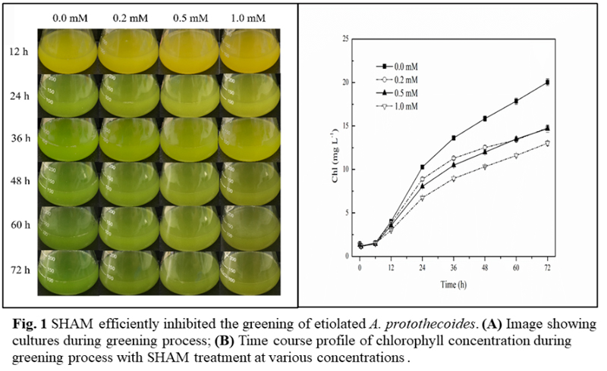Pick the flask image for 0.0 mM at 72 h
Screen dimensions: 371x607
coord(68,271)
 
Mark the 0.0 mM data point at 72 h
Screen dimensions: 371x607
coord(546,82)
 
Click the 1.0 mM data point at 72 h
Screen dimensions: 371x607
coord(546,143)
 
